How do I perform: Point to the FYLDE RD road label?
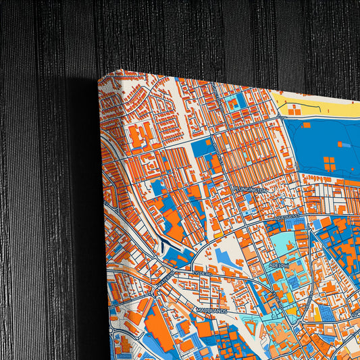(201, 274)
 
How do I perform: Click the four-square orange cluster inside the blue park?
(330, 163)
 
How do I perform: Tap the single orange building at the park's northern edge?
(305, 125)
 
